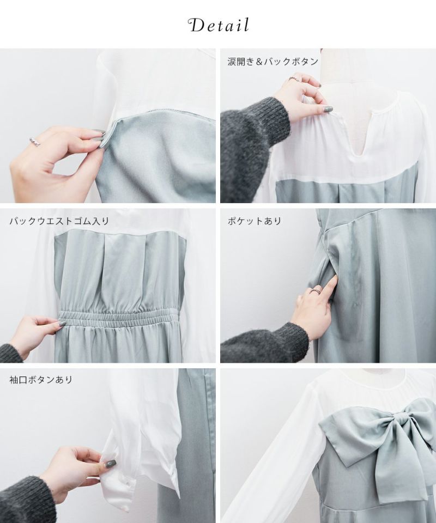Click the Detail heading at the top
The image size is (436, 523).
pyautogui.click(x=219, y=26)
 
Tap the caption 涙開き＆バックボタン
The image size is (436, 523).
pyautogui.click(x=273, y=62)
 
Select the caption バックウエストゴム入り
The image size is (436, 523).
pyautogui.click(x=59, y=221)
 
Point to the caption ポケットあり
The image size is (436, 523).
pyautogui.click(x=255, y=221)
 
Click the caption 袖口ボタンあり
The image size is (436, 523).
pyautogui.click(x=41, y=380)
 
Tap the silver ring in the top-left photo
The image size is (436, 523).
pyautogui.click(x=35, y=142)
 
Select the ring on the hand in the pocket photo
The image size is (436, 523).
pyautogui.click(x=315, y=290)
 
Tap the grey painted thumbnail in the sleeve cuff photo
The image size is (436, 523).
pyautogui.click(x=111, y=464)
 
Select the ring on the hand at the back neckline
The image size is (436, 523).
pyautogui.click(x=294, y=78)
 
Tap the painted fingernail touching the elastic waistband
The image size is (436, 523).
pyautogui.click(x=62, y=323)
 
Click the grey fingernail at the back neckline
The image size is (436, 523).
pyautogui.click(x=328, y=110)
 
